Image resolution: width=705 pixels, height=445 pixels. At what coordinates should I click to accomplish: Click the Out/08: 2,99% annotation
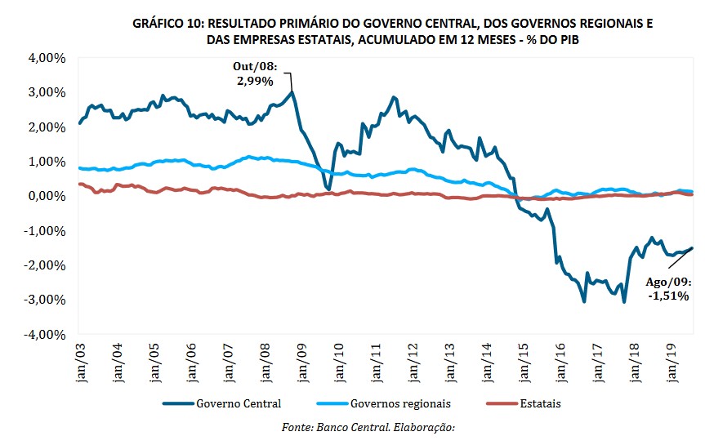click(x=258, y=75)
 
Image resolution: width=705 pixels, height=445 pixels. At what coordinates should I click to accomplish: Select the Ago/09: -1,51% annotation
click(x=668, y=289)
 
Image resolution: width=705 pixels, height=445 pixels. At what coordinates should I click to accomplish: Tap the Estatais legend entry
click(x=536, y=403)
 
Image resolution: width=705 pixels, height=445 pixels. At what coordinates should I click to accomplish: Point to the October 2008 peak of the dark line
click(x=292, y=91)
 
